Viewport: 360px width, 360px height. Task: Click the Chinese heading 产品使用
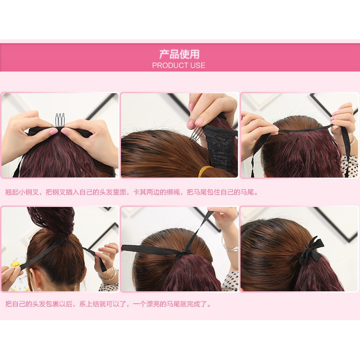[x=180, y=54]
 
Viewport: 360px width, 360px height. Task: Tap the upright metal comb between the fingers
[x=60, y=120]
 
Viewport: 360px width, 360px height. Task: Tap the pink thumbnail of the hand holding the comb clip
[x=191, y=124]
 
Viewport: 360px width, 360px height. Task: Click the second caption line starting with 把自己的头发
[x=108, y=304]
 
